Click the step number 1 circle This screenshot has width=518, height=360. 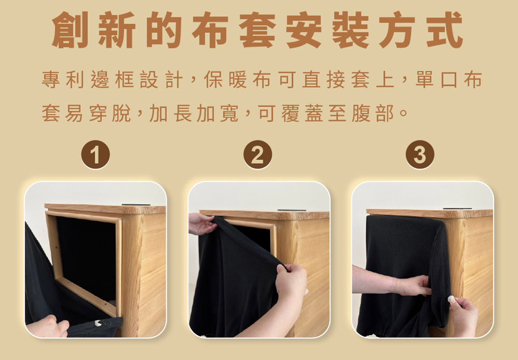pos(95,154)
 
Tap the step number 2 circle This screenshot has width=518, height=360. pos(257,154)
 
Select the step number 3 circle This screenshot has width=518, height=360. pos(420,154)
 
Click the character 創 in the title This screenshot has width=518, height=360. pos(70,30)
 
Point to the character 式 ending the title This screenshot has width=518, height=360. pos(444,30)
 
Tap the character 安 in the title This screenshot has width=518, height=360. pos(304,30)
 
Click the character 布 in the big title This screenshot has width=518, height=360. pos(210,30)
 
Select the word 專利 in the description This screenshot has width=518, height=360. pos(63,80)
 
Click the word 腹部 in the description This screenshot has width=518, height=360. pos(373,113)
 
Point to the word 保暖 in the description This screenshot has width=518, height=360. pos(225,80)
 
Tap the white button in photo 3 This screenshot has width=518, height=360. pos(451,299)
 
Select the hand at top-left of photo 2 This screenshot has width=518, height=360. pos(202,224)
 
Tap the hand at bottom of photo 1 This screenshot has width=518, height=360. pos(48,327)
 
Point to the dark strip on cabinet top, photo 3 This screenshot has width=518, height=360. pos(457,208)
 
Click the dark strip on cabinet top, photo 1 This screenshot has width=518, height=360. pos(136,205)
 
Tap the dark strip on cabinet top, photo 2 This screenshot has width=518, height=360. pos(292,210)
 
